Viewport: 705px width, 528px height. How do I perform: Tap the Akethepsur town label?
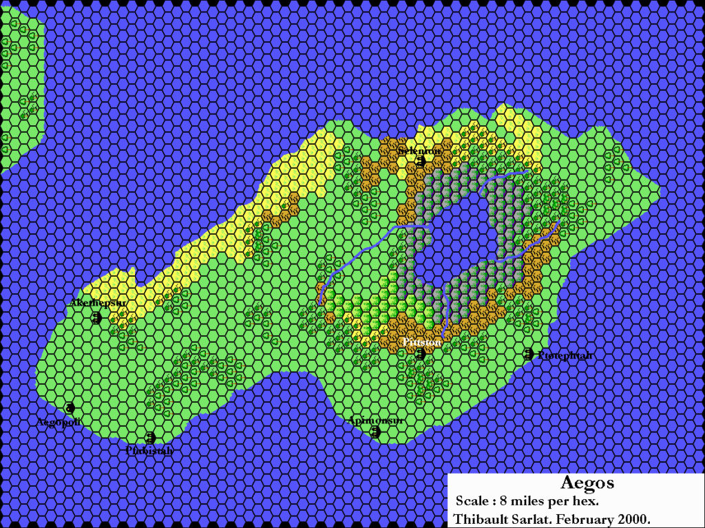click(98, 302)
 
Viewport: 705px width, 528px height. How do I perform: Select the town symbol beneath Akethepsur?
click(96, 317)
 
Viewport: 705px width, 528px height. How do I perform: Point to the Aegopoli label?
click(58, 422)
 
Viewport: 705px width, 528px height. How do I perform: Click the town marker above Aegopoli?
click(70, 408)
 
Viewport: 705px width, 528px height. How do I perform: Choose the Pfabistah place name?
click(149, 451)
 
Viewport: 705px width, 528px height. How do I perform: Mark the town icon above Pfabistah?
click(150, 437)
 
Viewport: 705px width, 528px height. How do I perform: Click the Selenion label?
click(419, 150)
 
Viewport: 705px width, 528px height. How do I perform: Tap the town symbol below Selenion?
click(420, 162)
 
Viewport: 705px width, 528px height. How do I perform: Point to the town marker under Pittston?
click(420, 354)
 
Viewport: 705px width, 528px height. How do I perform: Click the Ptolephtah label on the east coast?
click(564, 355)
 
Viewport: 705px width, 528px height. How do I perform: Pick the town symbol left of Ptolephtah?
click(528, 354)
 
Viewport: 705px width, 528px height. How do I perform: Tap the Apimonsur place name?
click(375, 420)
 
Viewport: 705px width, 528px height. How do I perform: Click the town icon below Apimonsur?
click(376, 432)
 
